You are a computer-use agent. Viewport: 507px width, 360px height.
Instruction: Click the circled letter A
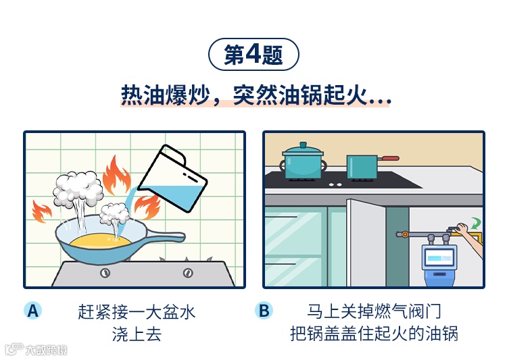32,311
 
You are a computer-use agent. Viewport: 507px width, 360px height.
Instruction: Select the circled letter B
264,311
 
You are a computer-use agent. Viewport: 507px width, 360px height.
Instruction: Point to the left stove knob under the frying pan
105,273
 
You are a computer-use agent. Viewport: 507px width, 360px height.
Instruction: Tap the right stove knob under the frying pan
187,273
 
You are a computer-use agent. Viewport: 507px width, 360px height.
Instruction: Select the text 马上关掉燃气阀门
373,312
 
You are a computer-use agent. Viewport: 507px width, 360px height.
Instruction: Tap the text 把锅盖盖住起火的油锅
373,334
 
